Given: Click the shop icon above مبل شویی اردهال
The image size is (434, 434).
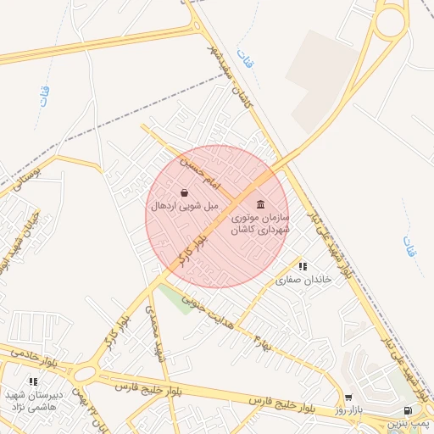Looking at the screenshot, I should click(x=184, y=192).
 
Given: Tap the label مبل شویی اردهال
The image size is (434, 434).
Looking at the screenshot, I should click(x=184, y=206).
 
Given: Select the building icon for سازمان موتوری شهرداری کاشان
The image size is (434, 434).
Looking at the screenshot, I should click(x=260, y=206).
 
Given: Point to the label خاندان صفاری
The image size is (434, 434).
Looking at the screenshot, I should click(x=301, y=279).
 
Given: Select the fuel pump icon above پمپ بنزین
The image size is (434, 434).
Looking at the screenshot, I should click(x=411, y=410).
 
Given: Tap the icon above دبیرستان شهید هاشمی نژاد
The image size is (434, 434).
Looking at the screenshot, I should click(x=33, y=383).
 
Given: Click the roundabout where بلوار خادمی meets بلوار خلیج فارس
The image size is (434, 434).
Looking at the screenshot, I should click(x=84, y=374).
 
